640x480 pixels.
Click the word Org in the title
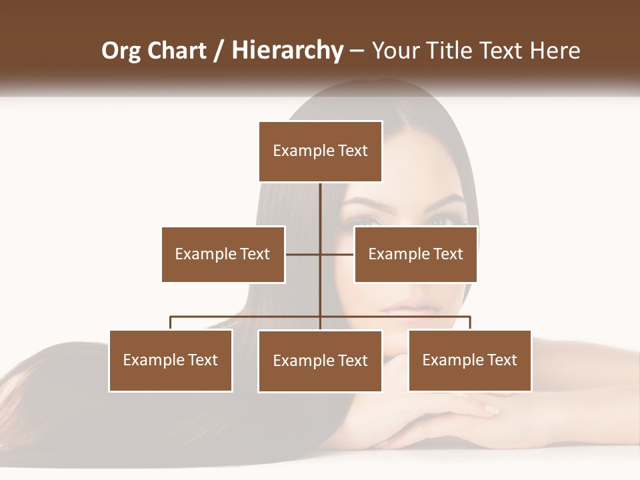coord(122,51)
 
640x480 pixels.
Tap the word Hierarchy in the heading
coord(287,51)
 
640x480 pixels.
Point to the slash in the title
coord(219,51)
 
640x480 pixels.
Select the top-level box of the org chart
coord(321,151)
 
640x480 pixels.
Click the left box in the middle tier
coord(223,254)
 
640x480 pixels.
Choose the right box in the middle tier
coord(415,254)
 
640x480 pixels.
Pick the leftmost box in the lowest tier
coord(171,361)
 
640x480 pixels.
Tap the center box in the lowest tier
coord(321,361)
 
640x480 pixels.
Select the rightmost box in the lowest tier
coord(470,361)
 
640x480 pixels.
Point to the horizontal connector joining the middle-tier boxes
coord(303,254)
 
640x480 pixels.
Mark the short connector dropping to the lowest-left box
coord(171,323)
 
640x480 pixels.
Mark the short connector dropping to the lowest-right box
coord(470,323)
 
